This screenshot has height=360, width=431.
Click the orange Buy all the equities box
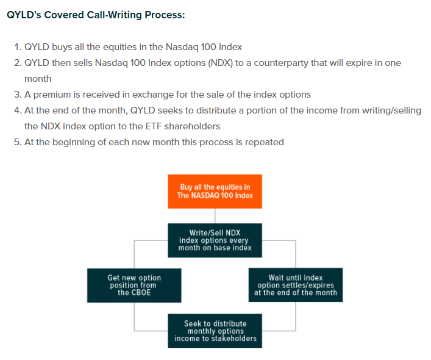point(215,191)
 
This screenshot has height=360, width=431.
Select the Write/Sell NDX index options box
point(215,240)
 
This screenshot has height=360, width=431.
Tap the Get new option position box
point(134,285)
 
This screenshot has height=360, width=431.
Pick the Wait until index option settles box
point(296,285)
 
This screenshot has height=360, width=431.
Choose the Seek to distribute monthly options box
point(215,331)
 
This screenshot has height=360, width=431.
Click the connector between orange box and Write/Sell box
point(215,216)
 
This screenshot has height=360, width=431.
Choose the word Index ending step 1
point(229,47)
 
